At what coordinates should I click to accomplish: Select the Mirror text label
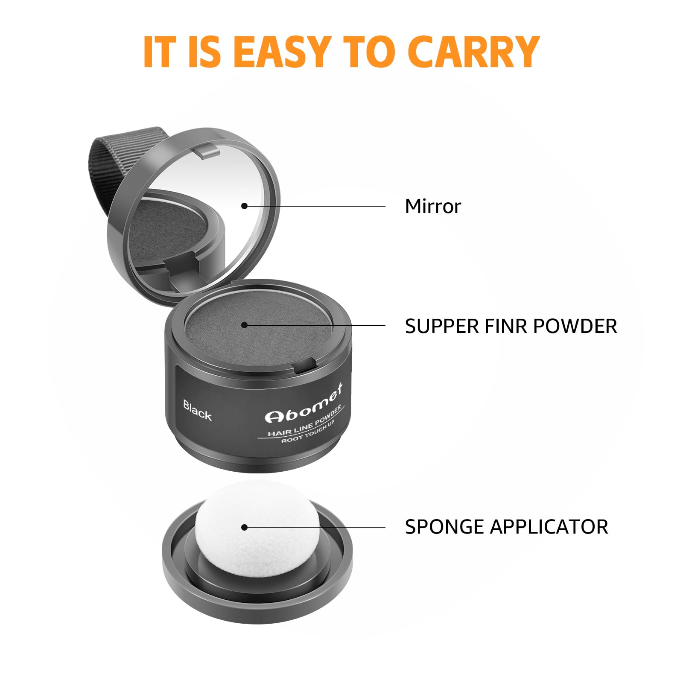(x=433, y=206)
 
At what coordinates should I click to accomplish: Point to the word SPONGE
(x=444, y=527)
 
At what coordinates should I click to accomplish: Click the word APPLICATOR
(x=549, y=527)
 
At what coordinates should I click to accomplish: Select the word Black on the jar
(x=197, y=410)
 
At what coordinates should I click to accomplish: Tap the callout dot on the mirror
(x=244, y=206)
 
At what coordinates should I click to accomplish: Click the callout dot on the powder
(x=244, y=325)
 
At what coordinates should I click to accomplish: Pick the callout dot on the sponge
(x=244, y=528)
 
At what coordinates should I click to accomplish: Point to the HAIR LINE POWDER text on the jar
(x=304, y=421)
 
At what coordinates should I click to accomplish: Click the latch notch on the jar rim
(x=305, y=364)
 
